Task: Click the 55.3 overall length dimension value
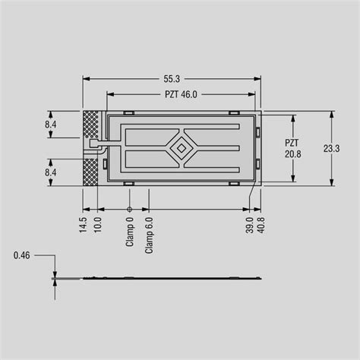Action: (170, 78)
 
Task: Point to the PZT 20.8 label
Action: (292, 148)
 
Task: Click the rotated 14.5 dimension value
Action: (84, 226)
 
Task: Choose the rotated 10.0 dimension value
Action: (97, 226)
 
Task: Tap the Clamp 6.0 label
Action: (149, 233)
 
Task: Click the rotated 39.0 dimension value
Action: (249, 226)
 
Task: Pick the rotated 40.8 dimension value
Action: (261, 226)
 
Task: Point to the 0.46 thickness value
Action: (21, 257)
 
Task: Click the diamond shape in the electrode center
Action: (182, 148)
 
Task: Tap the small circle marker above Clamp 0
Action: (129, 209)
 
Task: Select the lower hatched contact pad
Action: (90, 171)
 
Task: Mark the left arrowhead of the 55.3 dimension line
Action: (85, 78)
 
